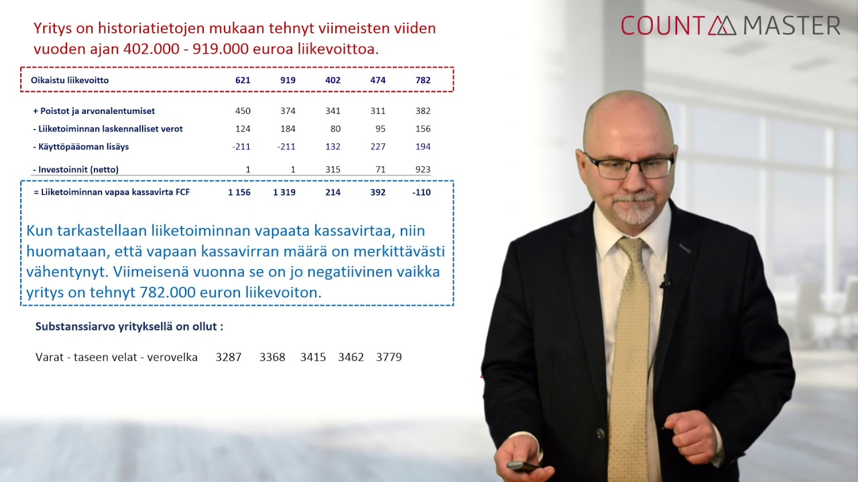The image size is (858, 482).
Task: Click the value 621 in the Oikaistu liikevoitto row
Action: (243, 80)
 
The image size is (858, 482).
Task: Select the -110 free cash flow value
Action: (422, 193)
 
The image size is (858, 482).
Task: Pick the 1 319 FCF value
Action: (284, 193)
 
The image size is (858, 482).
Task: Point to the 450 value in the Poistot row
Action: (243, 111)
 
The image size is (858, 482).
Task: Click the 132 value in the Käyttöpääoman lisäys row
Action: (332, 147)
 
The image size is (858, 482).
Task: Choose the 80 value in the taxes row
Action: (335, 129)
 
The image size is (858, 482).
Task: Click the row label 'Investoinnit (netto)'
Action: (78, 170)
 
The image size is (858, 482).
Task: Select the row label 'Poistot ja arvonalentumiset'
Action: (97, 111)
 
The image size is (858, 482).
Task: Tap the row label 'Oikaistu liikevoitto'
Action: (70, 80)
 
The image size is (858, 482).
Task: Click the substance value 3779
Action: (389, 357)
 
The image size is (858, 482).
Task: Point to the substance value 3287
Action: (229, 357)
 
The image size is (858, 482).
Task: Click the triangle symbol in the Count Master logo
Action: (722, 26)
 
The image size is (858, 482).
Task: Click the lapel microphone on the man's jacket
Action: (665, 282)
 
